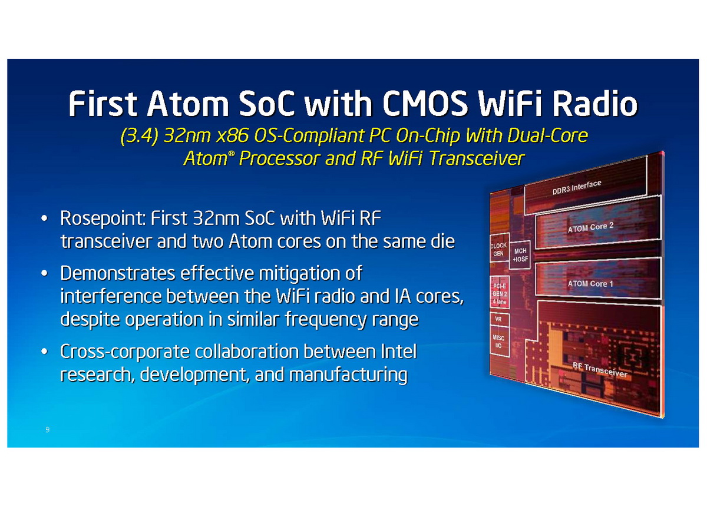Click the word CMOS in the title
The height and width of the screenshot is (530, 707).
click(x=425, y=103)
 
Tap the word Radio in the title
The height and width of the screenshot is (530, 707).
click(x=594, y=103)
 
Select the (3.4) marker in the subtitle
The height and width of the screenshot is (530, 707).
click(x=140, y=135)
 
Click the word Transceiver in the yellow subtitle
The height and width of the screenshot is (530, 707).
click(x=477, y=158)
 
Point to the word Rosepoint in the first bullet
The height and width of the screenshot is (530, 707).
click(x=103, y=218)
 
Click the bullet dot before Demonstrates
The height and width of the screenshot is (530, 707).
click(x=44, y=273)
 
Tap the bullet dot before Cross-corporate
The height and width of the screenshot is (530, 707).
click(x=44, y=352)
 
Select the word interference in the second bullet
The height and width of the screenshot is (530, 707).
click(x=111, y=296)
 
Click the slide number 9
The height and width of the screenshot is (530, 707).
click(x=48, y=430)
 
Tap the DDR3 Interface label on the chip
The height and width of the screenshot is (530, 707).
click(x=577, y=187)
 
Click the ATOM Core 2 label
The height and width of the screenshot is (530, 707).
click(x=590, y=227)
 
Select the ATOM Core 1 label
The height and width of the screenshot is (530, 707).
click(x=590, y=283)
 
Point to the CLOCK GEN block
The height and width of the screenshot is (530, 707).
click(x=499, y=249)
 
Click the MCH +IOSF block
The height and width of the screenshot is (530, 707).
click(x=520, y=255)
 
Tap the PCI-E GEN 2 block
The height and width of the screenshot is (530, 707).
click(x=500, y=294)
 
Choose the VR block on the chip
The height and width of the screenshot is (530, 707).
click(x=499, y=319)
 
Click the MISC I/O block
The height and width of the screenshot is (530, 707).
click(x=499, y=342)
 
